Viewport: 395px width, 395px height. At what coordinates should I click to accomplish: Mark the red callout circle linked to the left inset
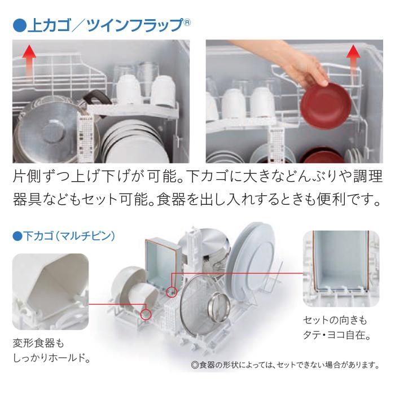click(147, 313)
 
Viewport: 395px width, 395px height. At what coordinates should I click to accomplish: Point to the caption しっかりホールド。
click(54, 358)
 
